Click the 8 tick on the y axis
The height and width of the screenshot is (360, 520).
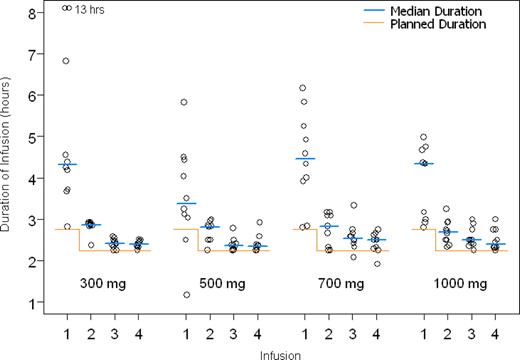pyautogui.click(x=34, y=13)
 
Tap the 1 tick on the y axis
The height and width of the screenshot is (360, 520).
pyautogui.click(x=34, y=302)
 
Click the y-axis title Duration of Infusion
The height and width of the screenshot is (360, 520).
pyautogui.click(x=10, y=160)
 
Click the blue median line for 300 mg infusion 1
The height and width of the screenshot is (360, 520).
pyautogui.click(x=67, y=164)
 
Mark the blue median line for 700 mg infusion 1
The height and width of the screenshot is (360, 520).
pyautogui.click(x=304, y=158)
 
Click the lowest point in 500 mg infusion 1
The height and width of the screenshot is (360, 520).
pyautogui.click(x=185, y=295)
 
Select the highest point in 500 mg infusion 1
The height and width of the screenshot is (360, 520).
pyautogui.click(x=184, y=102)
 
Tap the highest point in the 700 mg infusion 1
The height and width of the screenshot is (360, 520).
pyautogui.click(x=303, y=88)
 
